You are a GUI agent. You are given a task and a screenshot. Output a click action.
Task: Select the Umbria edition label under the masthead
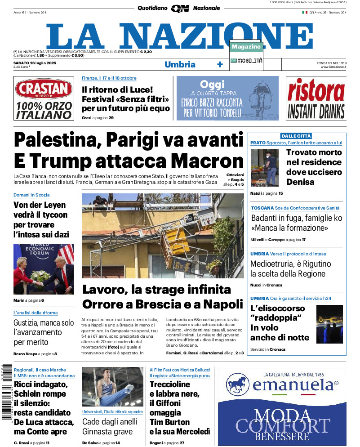tap(180, 64)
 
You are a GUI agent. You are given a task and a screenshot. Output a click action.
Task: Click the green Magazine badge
tap(246, 47)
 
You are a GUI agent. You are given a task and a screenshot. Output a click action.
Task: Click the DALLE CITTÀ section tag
tap(296, 136)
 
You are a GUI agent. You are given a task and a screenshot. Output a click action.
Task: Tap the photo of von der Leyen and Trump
tap(43, 269)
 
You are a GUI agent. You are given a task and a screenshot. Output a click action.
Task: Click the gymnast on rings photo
tap(112, 387)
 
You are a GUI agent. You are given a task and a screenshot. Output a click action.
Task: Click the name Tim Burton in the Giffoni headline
tap(169, 422)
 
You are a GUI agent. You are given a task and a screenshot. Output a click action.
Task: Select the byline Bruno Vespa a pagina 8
tap(35, 354)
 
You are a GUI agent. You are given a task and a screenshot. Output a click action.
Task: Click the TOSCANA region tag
tap(262, 208)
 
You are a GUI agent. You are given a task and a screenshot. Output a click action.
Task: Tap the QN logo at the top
tap(180, 8)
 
